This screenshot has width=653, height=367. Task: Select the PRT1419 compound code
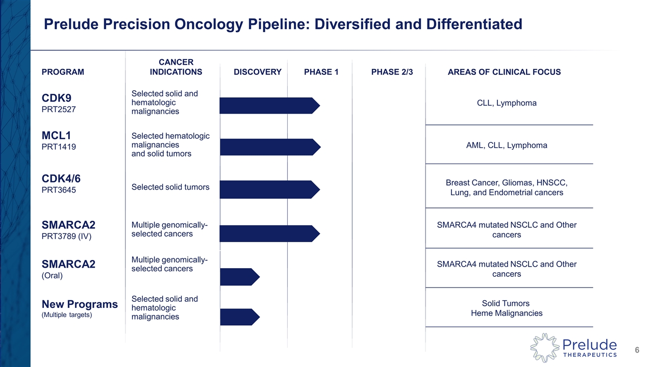coord(59,147)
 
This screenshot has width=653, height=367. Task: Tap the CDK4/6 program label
coord(61,178)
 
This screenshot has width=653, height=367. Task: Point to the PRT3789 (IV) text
coord(66,236)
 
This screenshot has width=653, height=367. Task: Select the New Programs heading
coord(80,304)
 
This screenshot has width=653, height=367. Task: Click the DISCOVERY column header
coord(257,72)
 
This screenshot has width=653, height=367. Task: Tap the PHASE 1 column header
coord(321,72)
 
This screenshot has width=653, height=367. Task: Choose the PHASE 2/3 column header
coord(392,72)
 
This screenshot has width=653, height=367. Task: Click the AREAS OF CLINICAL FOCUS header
coord(504,72)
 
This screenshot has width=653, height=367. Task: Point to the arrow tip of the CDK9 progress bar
coord(316,106)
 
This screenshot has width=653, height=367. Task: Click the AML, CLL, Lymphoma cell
coord(507,145)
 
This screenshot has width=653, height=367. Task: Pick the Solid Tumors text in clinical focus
coord(507,303)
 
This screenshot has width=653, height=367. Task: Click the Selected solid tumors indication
coord(170,187)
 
